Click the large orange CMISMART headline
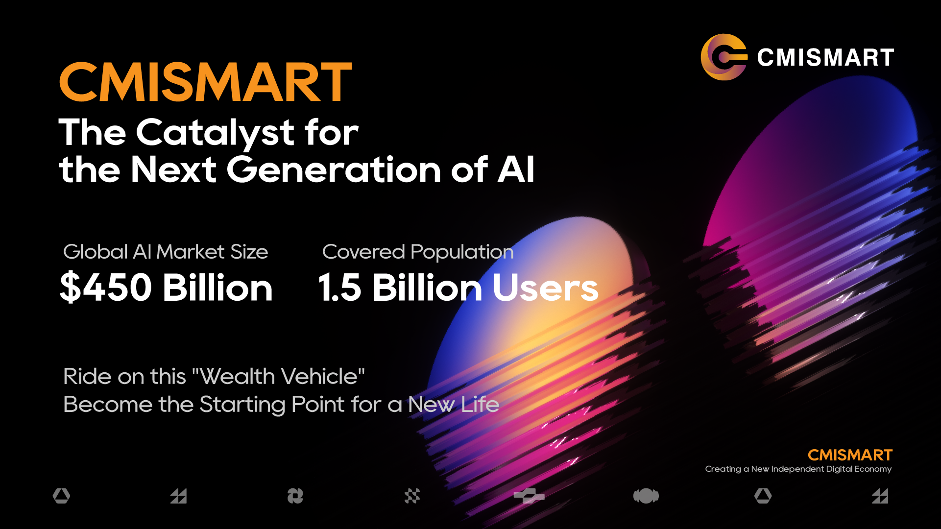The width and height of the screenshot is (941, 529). pos(205,82)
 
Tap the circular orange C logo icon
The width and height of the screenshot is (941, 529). pos(724,57)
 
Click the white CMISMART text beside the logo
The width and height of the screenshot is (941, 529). pos(826,57)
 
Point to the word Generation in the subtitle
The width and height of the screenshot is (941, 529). pos(334,169)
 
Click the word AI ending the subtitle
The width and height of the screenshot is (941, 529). pos(516,169)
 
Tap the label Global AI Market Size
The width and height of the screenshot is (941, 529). pos(166,252)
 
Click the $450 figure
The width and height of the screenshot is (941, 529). pos(106,287)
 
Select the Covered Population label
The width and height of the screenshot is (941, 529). pos(418,252)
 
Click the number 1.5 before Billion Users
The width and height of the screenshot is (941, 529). pos(339,288)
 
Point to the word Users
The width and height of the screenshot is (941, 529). pos(546,288)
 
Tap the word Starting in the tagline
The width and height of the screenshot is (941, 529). pos(242,405)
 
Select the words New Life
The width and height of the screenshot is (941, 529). pos(454,405)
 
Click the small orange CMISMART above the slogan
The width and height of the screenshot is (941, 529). pos(850,455)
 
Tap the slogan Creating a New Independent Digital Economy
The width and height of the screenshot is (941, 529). pos(798,469)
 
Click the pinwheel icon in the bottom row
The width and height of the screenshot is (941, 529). pos(295,496)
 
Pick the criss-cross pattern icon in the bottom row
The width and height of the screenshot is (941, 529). pos(412,496)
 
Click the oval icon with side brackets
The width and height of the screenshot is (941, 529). pos(646,496)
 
